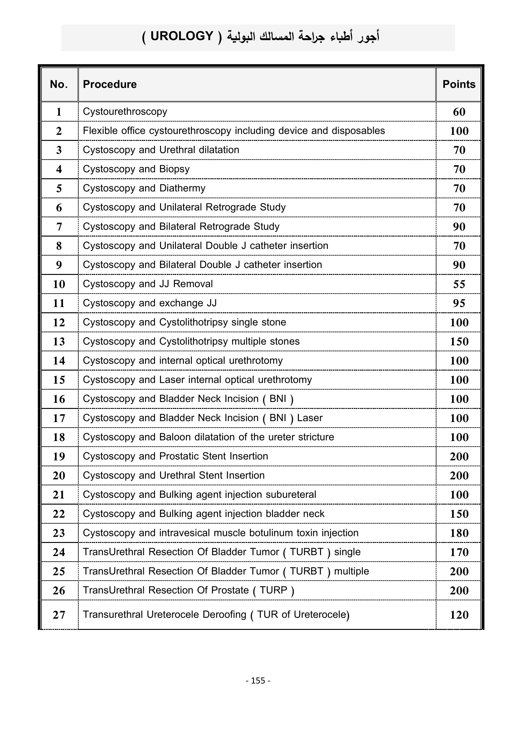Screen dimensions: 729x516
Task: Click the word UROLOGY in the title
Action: click(x=182, y=36)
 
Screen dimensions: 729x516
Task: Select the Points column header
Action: click(x=459, y=84)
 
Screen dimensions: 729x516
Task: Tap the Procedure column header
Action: click(x=110, y=84)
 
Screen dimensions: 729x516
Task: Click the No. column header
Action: click(x=59, y=84)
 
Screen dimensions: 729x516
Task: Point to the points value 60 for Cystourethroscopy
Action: click(x=459, y=112)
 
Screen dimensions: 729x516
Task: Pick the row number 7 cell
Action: click(x=59, y=227)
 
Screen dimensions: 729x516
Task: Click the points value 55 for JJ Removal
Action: click(x=459, y=284)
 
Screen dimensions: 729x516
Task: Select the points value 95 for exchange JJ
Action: click(x=459, y=303)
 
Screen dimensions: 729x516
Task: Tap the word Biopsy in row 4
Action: click(x=174, y=169)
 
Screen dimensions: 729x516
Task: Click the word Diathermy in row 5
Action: click(x=183, y=188)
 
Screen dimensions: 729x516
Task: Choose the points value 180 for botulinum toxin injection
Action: click(x=459, y=533)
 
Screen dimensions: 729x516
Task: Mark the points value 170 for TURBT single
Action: click(x=459, y=552)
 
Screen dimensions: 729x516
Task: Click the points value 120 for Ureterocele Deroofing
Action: click(x=459, y=615)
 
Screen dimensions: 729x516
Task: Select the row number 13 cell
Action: click(x=59, y=342)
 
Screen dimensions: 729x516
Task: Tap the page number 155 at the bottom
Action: click(x=258, y=680)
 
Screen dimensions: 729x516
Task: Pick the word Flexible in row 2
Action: click(x=98, y=131)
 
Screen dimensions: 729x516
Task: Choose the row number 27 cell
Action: click(x=59, y=615)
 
